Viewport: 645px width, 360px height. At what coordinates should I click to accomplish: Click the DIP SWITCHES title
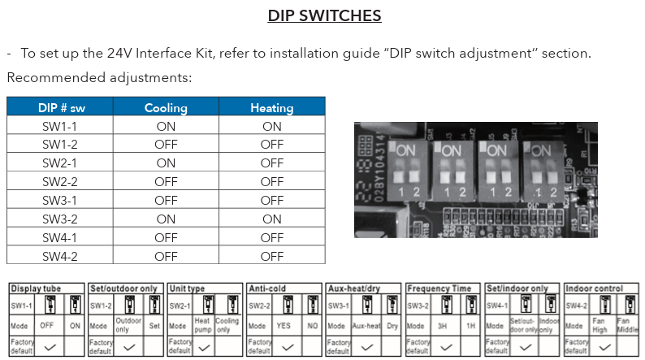pyautogui.click(x=324, y=15)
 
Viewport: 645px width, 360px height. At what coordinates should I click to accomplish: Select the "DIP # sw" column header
pyautogui.click(x=60, y=107)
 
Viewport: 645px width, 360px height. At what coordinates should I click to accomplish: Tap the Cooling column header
pyautogui.click(x=166, y=107)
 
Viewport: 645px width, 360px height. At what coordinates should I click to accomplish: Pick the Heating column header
pyautogui.click(x=271, y=107)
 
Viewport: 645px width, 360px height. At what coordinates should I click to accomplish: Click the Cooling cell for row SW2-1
pyautogui.click(x=166, y=163)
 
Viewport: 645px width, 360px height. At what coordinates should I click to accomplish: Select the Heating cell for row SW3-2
pyautogui.click(x=271, y=219)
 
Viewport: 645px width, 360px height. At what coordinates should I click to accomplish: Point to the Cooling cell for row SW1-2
pyautogui.click(x=166, y=145)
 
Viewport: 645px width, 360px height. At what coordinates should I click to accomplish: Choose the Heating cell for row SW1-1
pyautogui.click(x=271, y=126)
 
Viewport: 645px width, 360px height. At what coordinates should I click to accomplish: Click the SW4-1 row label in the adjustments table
pyautogui.click(x=60, y=237)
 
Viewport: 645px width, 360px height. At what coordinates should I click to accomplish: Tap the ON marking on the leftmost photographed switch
pyautogui.click(x=407, y=150)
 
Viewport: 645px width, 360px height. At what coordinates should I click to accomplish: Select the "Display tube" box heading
pyautogui.click(x=36, y=288)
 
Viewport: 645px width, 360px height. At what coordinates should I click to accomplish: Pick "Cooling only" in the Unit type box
pyautogui.click(x=229, y=325)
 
